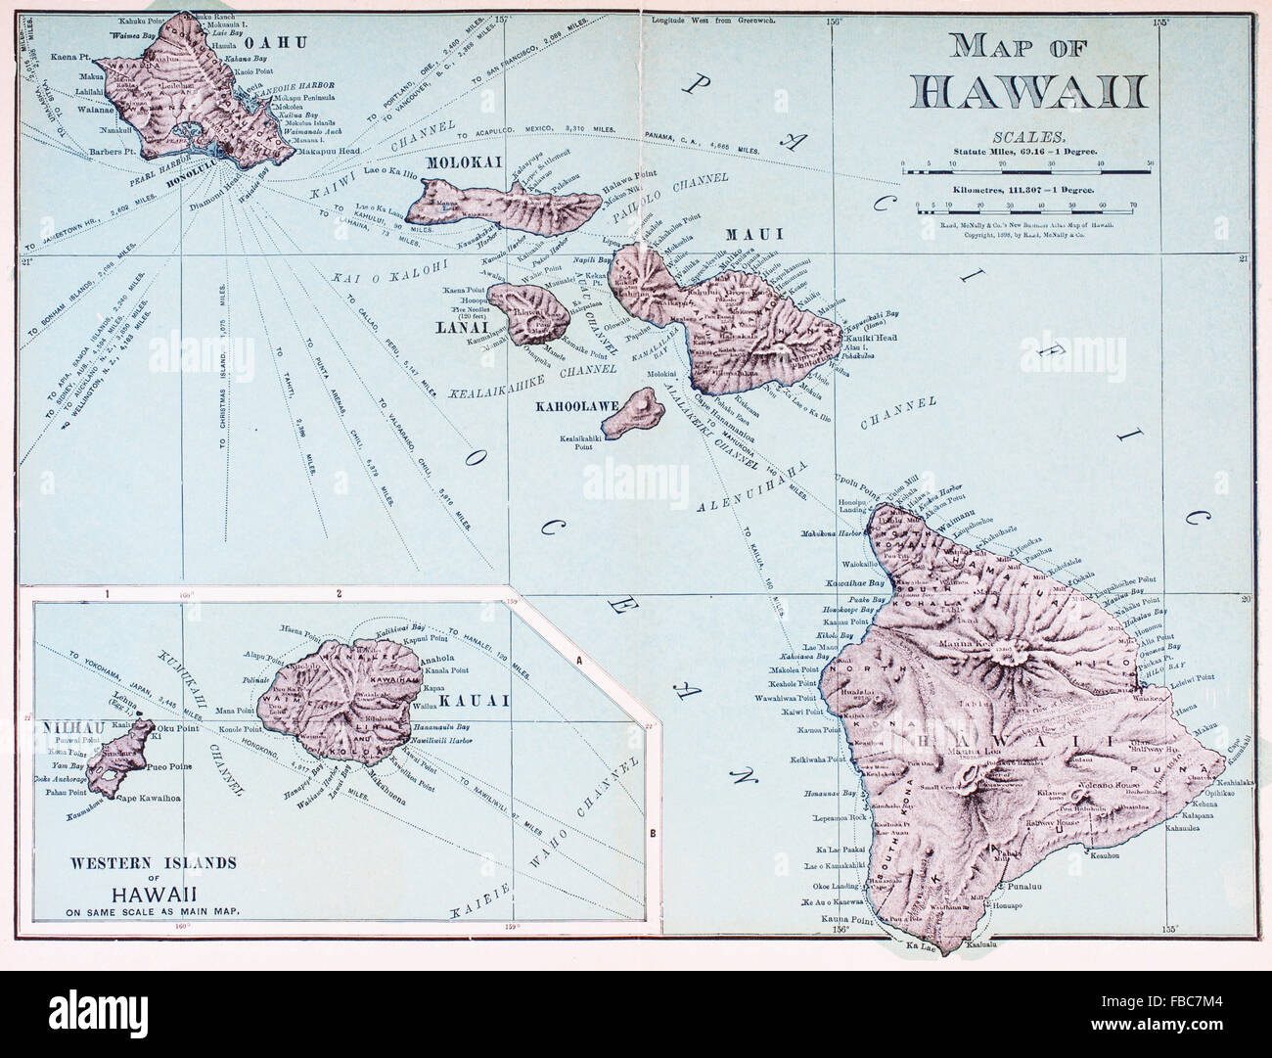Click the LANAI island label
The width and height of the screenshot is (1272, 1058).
[452, 328]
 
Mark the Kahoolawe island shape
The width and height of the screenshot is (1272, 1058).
[629, 413]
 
